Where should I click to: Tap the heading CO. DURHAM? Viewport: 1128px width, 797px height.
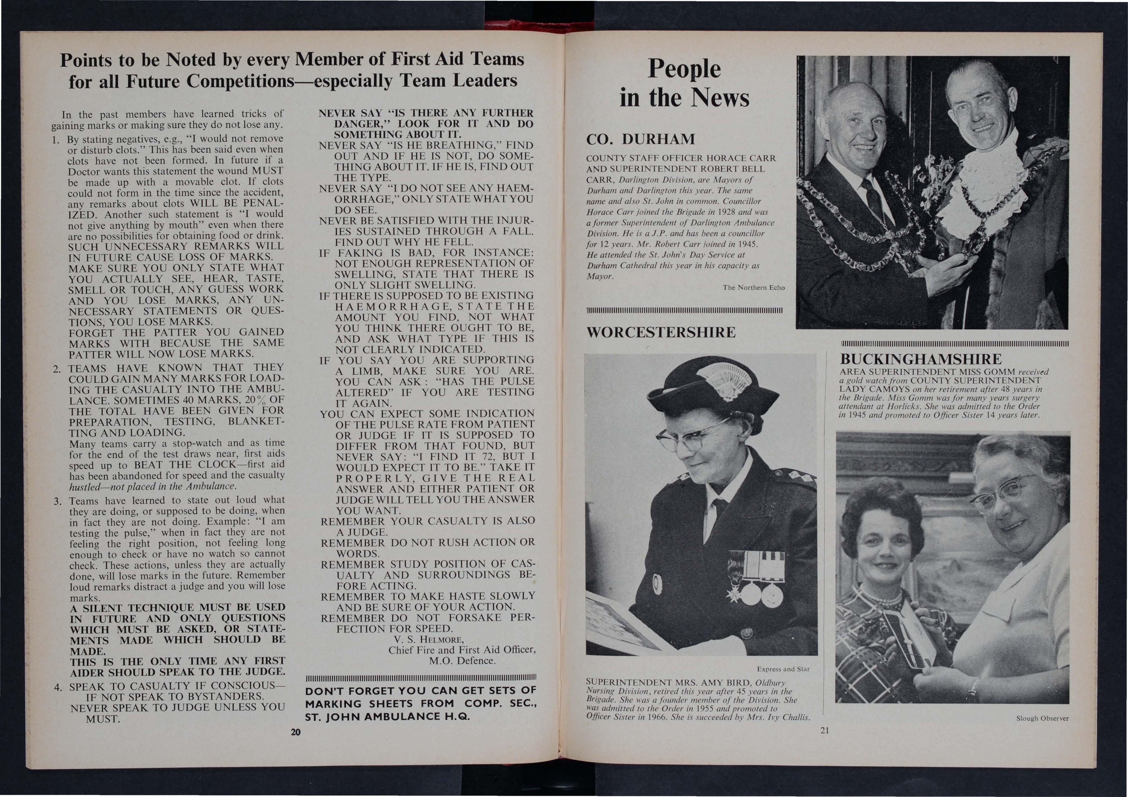tap(641, 139)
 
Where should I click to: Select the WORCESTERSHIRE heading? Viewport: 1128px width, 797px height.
tap(661, 333)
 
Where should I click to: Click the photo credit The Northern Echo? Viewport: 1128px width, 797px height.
tap(754, 287)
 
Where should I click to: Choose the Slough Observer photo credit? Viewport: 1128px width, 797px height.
tap(1042, 718)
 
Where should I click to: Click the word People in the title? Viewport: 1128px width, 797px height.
tap(684, 69)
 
